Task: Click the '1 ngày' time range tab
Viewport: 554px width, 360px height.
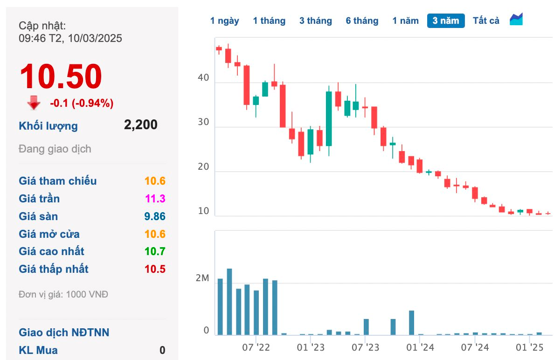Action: (x=224, y=21)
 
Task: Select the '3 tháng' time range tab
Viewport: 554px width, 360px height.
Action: (x=316, y=21)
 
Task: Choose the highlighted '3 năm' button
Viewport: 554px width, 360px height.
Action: (x=446, y=21)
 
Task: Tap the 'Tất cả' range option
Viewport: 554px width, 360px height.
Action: (x=486, y=21)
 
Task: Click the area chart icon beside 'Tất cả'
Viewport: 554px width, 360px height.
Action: (x=516, y=20)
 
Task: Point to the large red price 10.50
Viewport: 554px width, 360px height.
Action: (x=61, y=77)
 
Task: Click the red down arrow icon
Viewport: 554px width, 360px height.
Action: (x=34, y=103)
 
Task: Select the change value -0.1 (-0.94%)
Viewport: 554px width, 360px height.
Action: (x=82, y=103)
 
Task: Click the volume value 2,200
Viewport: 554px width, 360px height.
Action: (x=140, y=125)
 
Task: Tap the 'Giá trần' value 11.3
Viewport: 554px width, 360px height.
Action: (x=155, y=199)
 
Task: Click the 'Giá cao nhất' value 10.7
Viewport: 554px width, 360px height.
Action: (x=155, y=251)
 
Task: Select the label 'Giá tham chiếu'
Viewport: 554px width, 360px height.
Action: (x=58, y=181)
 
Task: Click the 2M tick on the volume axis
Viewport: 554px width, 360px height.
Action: (x=202, y=279)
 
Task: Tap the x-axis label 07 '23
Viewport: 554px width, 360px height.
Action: (x=365, y=347)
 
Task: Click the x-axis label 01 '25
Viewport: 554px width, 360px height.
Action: (x=530, y=347)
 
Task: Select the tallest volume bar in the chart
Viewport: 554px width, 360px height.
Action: (x=229, y=302)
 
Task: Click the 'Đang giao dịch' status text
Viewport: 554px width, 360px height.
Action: (x=55, y=149)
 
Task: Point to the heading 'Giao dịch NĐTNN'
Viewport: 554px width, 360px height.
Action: (x=64, y=332)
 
